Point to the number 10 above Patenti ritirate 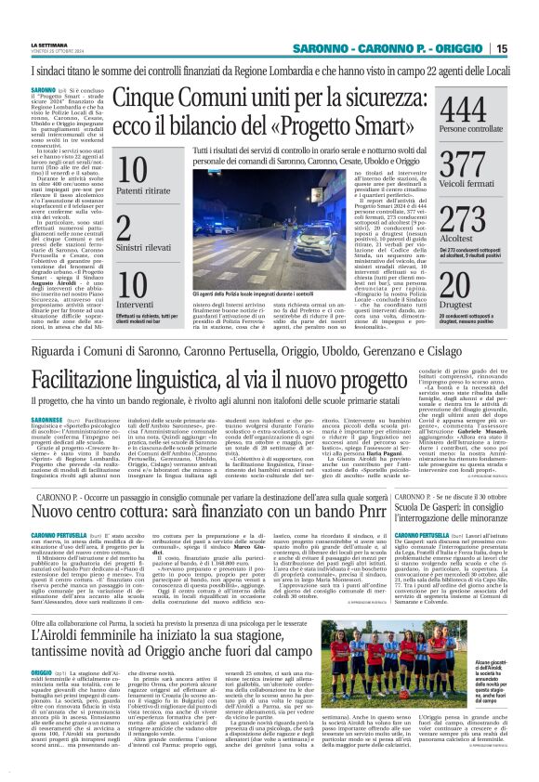(x=133, y=169)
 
